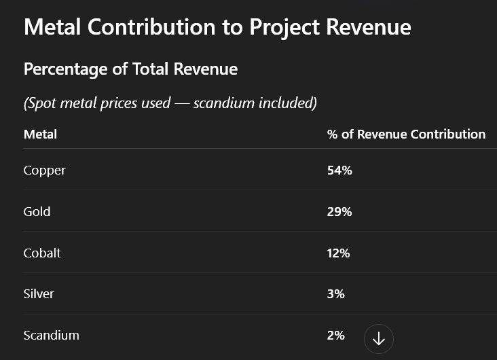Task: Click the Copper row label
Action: tap(44, 170)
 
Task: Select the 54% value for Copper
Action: tap(339, 170)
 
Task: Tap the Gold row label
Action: tap(37, 212)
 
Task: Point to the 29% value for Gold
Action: tap(339, 212)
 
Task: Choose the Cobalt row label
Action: tap(42, 253)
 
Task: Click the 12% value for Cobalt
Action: tap(338, 253)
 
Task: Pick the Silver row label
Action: tap(39, 294)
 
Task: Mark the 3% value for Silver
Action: tap(336, 294)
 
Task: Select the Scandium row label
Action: tap(51, 336)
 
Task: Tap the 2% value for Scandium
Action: tap(336, 336)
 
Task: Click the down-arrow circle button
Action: tap(379, 338)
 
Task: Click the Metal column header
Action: tap(40, 134)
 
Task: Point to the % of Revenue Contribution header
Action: tap(406, 134)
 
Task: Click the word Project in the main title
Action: tap(284, 27)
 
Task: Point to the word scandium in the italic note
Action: tap(223, 103)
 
